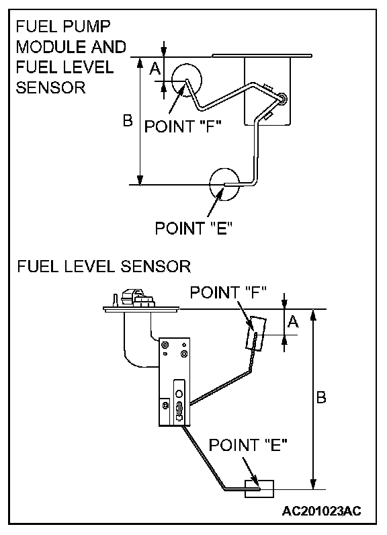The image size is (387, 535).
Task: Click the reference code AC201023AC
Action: [x=321, y=510]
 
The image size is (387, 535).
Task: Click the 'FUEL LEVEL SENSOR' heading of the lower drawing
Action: [x=104, y=266]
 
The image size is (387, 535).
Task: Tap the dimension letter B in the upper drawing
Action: [x=128, y=120]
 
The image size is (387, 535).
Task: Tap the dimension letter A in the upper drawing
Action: [x=155, y=69]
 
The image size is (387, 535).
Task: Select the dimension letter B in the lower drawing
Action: [x=321, y=397]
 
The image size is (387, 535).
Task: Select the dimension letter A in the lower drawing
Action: [x=293, y=321]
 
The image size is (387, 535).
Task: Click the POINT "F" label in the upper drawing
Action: [x=183, y=126]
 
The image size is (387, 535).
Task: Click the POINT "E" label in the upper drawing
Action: [x=193, y=228]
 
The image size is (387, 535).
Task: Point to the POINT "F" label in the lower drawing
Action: [x=228, y=292]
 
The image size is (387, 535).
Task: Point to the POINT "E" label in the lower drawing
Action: [x=248, y=445]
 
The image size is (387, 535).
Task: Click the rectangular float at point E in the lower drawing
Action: [x=259, y=481]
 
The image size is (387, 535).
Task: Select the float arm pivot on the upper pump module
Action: [x=283, y=99]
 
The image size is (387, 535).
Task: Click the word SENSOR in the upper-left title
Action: [x=51, y=87]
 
